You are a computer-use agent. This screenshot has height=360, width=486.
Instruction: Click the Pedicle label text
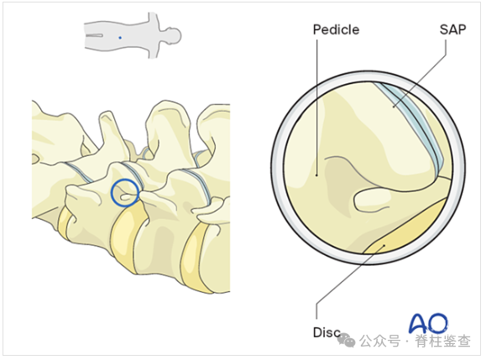click(x=336, y=29)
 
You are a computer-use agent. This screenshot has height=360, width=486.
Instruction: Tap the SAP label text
click(x=452, y=29)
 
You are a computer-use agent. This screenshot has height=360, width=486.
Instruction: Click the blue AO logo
click(x=428, y=323)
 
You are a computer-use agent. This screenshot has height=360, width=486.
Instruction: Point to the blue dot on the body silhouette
click(x=120, y=38)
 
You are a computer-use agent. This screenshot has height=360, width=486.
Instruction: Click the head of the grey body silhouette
click(x=173, y=35)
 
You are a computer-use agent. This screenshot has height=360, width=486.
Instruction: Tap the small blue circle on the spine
click(x=124, y=193)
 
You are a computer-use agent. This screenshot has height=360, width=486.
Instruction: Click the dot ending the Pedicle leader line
click(x=316, y=175)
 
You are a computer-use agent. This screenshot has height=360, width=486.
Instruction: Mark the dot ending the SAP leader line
click(x=394, y=107)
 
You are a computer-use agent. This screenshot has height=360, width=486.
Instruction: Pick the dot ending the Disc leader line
click(x=384, y=246)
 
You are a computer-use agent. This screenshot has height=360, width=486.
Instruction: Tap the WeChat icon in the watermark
click(x=347, y=340)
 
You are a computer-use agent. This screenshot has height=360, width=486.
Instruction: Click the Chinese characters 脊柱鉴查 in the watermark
click(x=442, y=341)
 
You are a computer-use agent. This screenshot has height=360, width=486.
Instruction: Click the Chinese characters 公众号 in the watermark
click(x=380, y=341)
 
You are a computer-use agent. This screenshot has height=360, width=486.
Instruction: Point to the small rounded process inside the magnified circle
click(x=372, y=201)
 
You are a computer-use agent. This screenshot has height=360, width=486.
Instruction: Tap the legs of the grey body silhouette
click(x=96, y=35)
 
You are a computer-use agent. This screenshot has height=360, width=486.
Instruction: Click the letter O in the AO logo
click(x=437, y=323)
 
